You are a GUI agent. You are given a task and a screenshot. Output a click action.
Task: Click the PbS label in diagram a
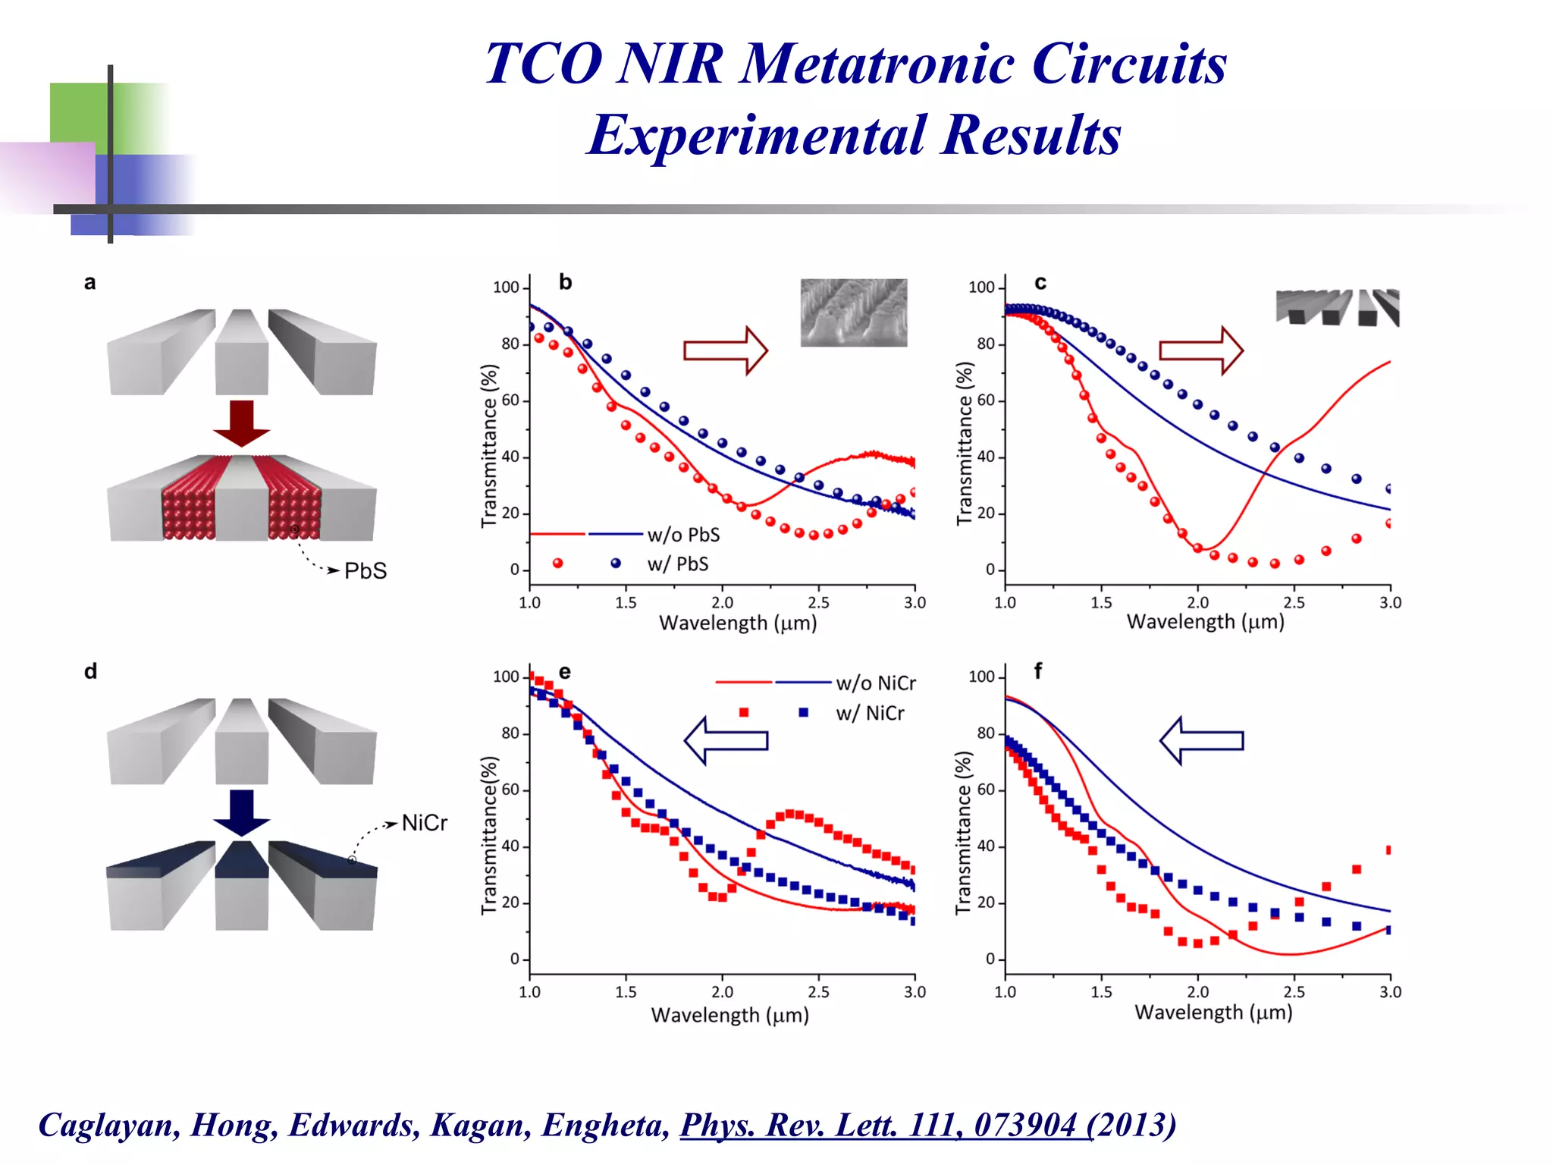coord(366,571)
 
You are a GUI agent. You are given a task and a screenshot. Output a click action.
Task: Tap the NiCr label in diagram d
coord(425,823)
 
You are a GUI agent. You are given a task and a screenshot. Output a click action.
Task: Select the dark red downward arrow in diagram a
coord(241,423)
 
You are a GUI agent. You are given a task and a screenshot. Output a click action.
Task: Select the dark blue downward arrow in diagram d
coord(241,812)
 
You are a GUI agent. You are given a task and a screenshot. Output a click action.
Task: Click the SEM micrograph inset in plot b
coord(853,312)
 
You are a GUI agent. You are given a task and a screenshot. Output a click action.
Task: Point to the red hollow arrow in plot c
coord(1200,350)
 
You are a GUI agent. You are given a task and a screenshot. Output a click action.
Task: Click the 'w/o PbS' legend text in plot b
coord(683,535)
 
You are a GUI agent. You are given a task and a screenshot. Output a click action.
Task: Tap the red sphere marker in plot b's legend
coord(558,563)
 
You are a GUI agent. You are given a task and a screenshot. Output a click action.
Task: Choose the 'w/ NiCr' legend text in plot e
coord(870,714)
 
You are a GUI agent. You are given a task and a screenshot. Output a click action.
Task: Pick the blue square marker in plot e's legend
coord(804,712)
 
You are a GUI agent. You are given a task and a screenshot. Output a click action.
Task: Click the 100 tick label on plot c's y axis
coord(981,287)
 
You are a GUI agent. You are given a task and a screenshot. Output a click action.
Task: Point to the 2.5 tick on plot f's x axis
coord(1294,991)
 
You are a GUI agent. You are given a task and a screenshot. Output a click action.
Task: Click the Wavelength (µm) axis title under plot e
coord(729,1015)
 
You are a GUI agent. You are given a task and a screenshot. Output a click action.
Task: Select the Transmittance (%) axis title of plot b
coord(489,446)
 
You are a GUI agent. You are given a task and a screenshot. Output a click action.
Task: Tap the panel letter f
coord(1038,670)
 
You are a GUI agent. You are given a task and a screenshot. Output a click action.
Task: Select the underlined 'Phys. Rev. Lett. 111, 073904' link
coord(878,1125)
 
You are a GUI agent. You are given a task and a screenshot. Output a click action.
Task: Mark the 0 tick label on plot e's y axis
coord(515,959)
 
